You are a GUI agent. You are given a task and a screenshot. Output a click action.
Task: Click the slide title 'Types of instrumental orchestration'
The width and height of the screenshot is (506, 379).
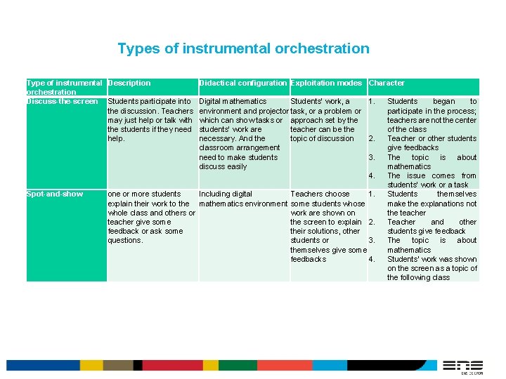point(243,48)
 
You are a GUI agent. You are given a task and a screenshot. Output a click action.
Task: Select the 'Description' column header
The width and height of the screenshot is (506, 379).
point(129,83)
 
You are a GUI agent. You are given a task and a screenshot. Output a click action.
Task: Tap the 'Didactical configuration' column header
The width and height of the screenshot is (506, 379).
point(243,83)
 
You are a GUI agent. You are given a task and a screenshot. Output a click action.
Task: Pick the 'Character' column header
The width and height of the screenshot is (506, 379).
point(387,83)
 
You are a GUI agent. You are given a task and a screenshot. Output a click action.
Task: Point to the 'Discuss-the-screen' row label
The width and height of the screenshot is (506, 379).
point(62,102)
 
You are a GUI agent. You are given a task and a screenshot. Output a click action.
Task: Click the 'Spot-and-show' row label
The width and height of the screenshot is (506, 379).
point(55,194)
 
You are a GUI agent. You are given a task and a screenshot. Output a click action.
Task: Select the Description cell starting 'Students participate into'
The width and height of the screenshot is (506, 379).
point(150,120)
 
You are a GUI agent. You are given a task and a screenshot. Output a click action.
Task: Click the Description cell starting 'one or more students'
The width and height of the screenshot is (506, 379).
point(150,217)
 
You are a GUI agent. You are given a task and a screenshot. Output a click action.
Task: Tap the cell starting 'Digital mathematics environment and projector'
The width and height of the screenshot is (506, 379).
point(243,133)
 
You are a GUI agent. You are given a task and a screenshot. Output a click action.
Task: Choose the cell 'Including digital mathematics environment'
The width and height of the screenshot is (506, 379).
point(243,199)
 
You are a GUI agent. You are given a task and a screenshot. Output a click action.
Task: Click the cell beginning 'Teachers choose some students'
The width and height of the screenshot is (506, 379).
point(327,226)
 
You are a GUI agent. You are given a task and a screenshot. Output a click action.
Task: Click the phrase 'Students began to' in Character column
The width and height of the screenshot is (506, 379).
point(432,102)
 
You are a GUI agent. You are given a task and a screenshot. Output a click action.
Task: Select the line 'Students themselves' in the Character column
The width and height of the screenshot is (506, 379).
point(432,194)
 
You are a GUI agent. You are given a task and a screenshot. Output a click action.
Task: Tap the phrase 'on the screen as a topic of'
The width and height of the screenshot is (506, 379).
point(432,268)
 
